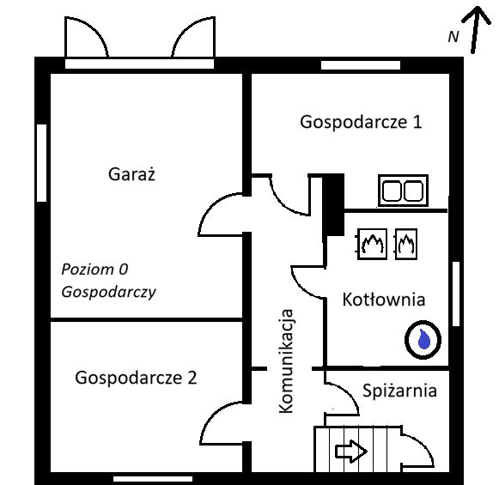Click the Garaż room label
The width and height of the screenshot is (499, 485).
131,174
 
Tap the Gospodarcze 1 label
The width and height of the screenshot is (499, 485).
361,122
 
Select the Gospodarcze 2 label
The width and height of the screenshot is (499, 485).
136,377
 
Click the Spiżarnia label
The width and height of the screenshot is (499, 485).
399,391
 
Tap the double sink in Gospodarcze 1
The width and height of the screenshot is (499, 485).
404,190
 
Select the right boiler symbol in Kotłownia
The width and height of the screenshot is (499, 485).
405,244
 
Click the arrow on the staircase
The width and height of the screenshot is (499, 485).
350,450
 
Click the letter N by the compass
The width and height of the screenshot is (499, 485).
453,37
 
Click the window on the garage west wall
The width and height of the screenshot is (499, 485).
41,164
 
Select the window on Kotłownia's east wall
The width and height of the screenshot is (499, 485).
456,293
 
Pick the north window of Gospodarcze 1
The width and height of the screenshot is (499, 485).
350,64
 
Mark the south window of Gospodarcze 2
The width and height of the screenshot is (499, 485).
153,477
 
